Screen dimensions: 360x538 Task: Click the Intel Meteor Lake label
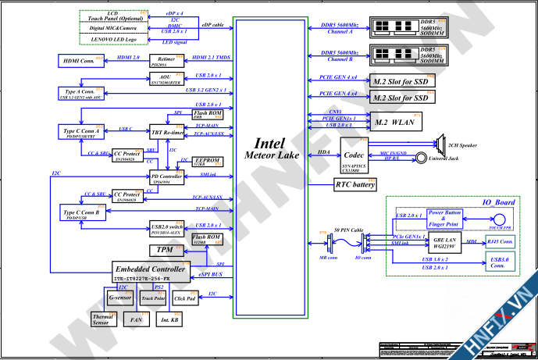[x=272, y=151]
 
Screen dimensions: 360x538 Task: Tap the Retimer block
[x=166, y=60]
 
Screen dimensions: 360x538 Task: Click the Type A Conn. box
[x=77, y=94]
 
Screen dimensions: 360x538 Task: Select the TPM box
[x=165, y=250]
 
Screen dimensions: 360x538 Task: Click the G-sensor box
[x=119, y=297]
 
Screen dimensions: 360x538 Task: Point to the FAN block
[x=136, y=319]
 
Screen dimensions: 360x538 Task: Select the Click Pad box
[x=185, y=297]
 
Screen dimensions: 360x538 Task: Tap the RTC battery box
[x=354, y=185]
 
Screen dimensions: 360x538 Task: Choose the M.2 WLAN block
[x=395, y=122]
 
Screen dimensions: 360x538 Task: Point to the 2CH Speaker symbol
[x=437, y=146]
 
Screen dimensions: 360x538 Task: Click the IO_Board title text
[x=497, y=202]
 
